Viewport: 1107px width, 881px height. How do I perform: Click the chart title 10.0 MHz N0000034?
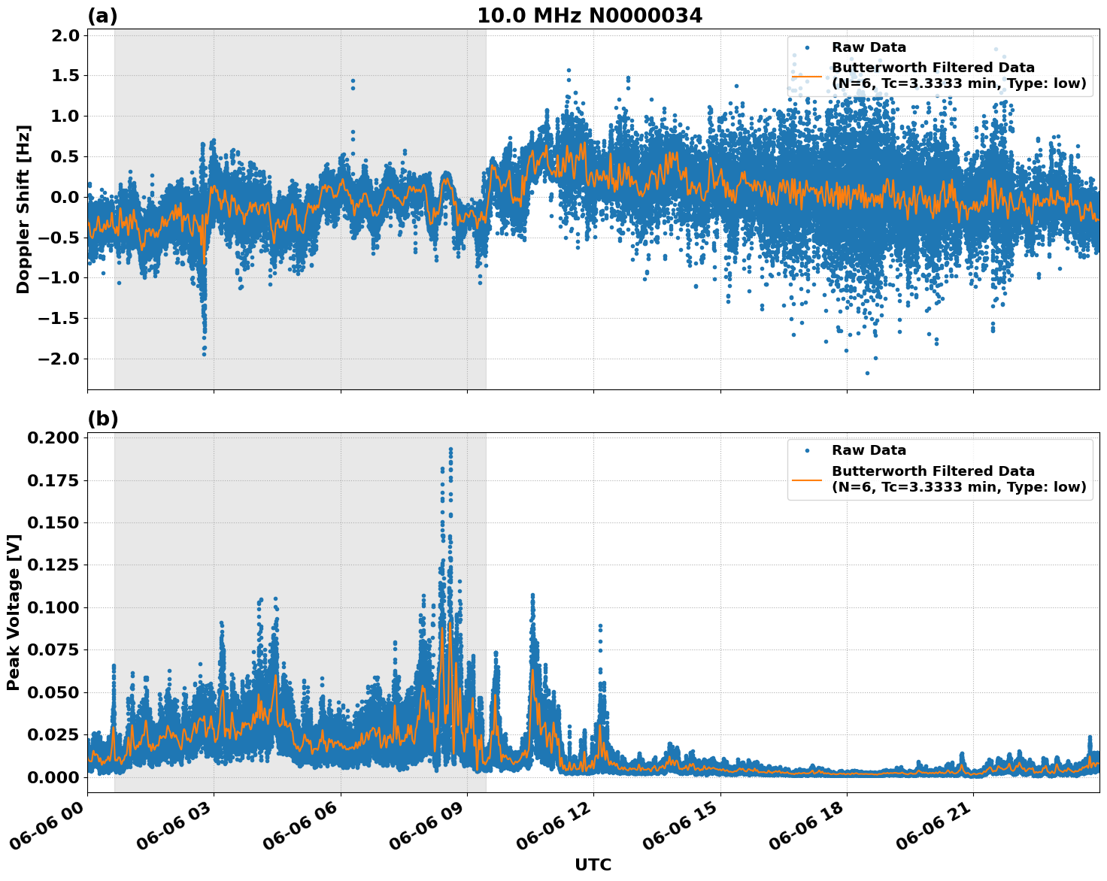point(590,16)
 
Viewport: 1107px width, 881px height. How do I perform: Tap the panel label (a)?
point(103,16)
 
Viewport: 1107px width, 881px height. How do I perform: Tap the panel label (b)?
point(103,419)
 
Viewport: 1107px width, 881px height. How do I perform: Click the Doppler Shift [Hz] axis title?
point(23,209)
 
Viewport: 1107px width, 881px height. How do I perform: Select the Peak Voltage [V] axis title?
point(13,612)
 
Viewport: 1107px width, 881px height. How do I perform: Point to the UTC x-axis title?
point(593,864)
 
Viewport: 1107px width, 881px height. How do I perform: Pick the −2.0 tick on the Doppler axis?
point(60,359)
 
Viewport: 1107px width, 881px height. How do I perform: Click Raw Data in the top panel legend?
point(869,47)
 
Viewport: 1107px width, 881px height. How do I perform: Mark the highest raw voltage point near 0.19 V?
point(450,449)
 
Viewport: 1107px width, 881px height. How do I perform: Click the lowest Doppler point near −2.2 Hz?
point(867,373)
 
